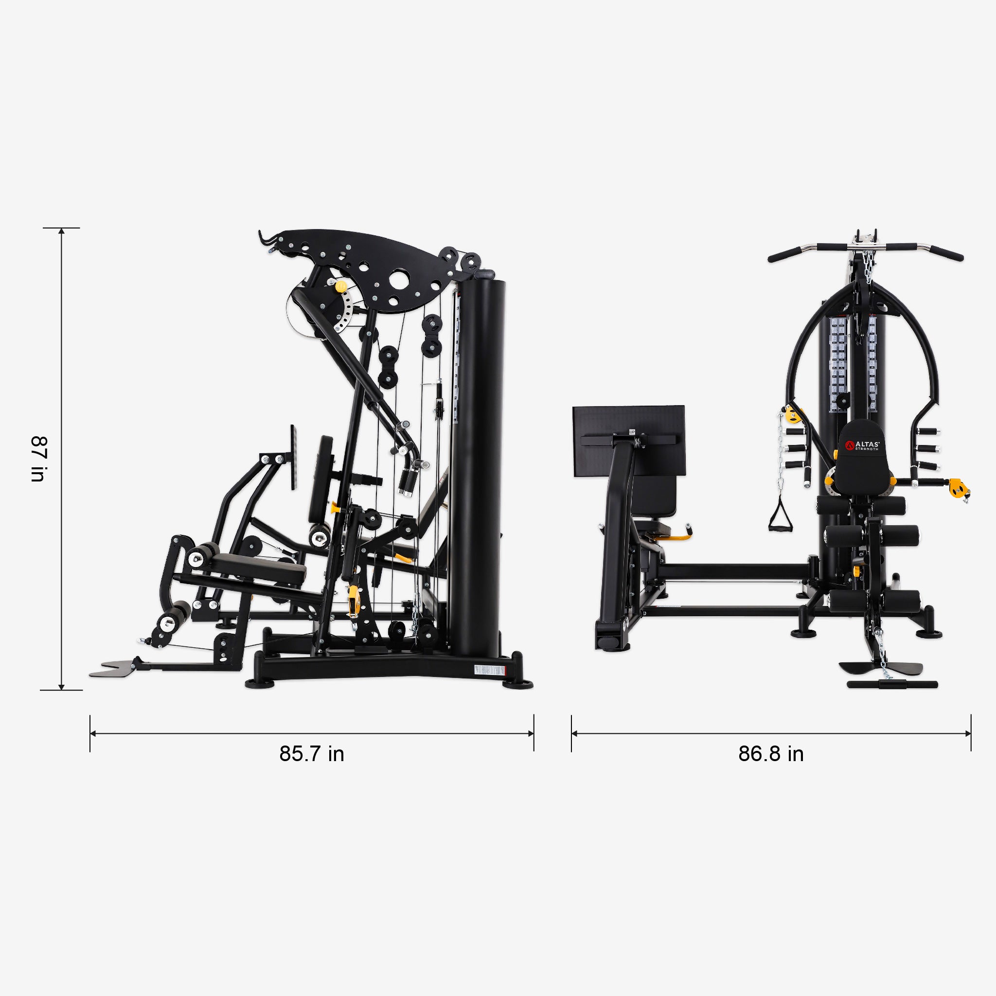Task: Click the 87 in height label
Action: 39,459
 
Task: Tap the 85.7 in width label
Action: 311,754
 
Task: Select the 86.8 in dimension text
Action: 771,754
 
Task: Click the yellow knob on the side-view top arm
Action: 341,285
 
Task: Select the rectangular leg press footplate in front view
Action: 629,441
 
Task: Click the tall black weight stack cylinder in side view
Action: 479,464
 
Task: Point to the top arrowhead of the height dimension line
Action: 61,231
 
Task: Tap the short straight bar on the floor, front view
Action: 892,685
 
